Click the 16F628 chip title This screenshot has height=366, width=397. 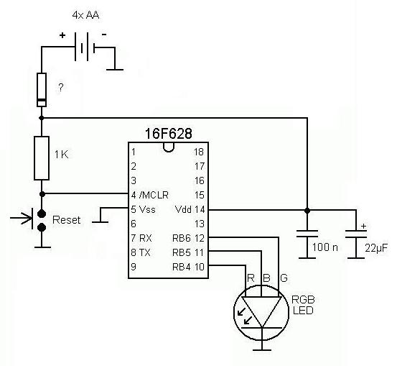pos(169,134)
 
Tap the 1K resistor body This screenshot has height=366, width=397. pos(42,158)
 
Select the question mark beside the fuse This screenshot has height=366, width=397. pos(61,88)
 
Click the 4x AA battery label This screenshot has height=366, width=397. pos(85,15)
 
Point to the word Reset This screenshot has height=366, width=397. pos(66,220)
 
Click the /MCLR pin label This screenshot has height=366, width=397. pos(154,195)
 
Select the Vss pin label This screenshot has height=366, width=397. pos(147,209)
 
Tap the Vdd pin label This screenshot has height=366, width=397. pos(183,209)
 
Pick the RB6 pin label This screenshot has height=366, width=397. pos(182,238)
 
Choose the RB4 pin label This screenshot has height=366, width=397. pos(182,267)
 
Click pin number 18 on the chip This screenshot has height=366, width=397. pos(199,152)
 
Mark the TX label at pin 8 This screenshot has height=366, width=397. pos(144,252)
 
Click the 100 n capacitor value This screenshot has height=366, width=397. pos(324,247)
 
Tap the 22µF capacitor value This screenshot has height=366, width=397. pos(376,248)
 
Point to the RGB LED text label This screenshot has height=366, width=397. pos(303,305)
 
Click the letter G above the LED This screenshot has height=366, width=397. pos(284,278)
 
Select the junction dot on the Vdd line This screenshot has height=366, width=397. pos(307,210)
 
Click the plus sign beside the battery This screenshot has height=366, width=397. pos(62,35)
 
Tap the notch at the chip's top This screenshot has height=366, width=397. pos(169,147)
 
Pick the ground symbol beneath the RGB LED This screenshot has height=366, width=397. pos(262,350)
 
